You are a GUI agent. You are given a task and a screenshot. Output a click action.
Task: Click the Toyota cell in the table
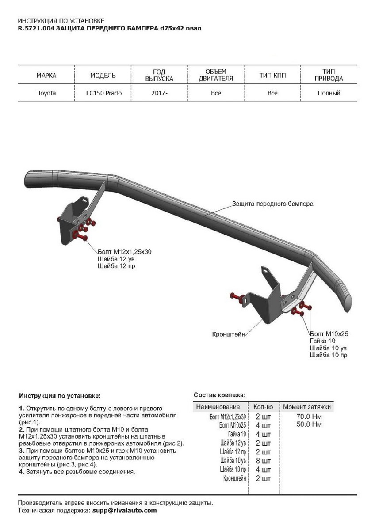coord(46,94)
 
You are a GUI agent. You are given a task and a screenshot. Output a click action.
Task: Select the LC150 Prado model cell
coord(103,94)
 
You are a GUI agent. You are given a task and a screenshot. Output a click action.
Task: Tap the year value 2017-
coord(159,94)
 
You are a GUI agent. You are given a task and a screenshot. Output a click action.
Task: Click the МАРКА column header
coord(46,76)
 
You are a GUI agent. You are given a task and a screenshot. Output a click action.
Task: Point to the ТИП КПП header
coord(272,76)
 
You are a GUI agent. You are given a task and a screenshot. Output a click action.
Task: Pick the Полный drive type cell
coord(329,94)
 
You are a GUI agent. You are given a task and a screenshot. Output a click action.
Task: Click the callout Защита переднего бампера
coord(272,204)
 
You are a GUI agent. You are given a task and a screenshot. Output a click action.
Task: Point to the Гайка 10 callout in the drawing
coord(323,341)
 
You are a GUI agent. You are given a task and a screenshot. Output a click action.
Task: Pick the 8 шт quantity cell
coord(263,460)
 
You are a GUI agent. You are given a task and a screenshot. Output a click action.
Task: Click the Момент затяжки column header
coord(308,407)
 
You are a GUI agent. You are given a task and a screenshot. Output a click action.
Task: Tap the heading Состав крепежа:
coord(219,394)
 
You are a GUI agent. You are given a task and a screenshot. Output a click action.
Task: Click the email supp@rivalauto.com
coord(124,511)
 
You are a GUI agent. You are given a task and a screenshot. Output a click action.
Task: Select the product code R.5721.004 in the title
coord(37,29)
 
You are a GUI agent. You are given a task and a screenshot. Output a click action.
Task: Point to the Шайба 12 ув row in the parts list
coord(233,443)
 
